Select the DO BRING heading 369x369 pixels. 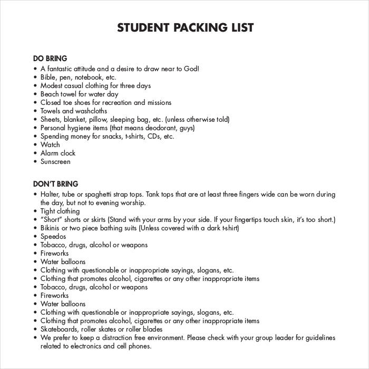pos(50,59)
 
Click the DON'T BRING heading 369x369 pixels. pos(55,184)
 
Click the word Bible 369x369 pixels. pos(50,77)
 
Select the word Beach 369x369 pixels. pos(51,94)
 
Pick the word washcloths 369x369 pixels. pos(92,111)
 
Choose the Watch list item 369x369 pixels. pos(50,144)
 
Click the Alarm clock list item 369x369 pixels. pos(58,153)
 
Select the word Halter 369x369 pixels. pos(51,194)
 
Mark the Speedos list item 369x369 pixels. pos(53,237)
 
